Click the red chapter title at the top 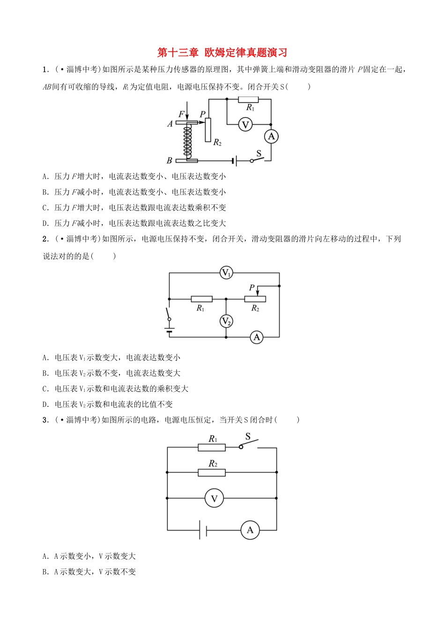[x=222, y=52]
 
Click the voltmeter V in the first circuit [x=245, y=125]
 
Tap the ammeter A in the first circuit [x=271, y=136]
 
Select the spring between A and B [x=187, y=141]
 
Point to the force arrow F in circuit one [x=186, y=112]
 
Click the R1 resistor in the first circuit [x=248, y=99]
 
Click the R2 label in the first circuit [x=217, y=142]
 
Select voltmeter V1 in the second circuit [x=226, y=273]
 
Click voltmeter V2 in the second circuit [x=226, y=321]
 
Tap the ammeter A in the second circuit [x=256, y=337]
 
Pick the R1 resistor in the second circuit [x=201, y=299]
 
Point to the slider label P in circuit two [x=252, y=287]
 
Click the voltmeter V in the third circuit [x=215, y=498]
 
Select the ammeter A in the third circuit [x=250, y=530]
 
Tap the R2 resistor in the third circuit [x=212, y=472]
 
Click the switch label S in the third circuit [x=248, y=436]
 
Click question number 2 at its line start [x=45, y=239]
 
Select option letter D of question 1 [x=45, y=224]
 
